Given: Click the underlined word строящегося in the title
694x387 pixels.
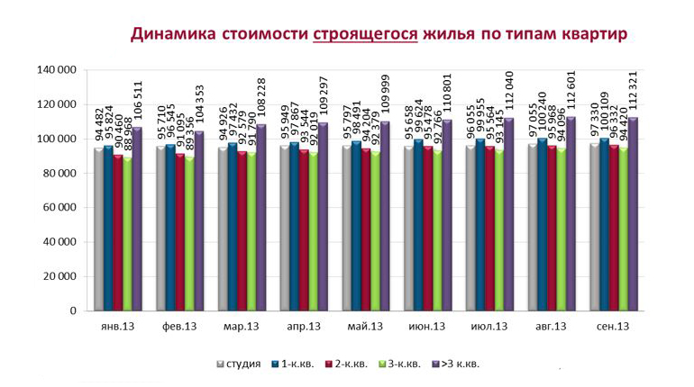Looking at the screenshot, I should point(365,34).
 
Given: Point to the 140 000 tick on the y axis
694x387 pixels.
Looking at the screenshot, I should point(55,70).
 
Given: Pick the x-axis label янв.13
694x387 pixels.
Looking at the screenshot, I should point(117,327).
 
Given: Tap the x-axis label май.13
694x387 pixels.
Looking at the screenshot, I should point(365,327).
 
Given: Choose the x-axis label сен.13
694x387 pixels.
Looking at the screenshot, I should point(612,327).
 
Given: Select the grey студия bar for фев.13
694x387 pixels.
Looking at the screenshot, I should point(160,229).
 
